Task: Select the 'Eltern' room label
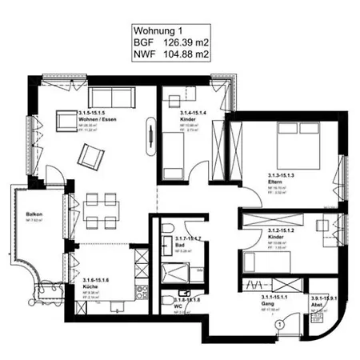[x=277, y=182]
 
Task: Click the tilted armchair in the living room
[x=90, y=152]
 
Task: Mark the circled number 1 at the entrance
[x=279, y=326]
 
